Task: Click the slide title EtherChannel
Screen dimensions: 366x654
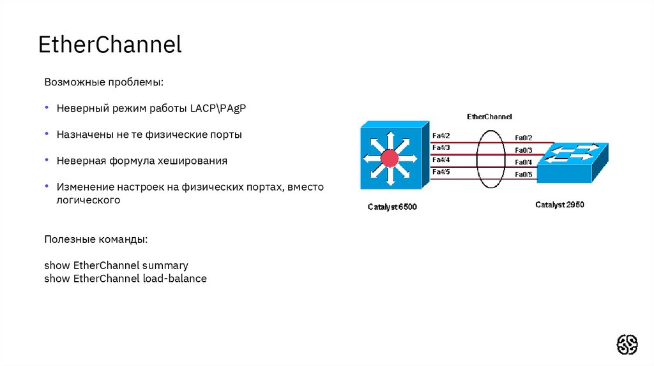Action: click(x=110, y=45)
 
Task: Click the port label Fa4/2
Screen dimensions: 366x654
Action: click(x=441, y=136)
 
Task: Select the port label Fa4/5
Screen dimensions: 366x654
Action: click(x=441, y=172)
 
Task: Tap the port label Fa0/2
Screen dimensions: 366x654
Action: click(x=524, y=138)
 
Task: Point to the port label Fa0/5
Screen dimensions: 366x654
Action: click(x=524, y=175)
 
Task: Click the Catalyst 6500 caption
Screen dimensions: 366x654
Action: click(x=392, y=207)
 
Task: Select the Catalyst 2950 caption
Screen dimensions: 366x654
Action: click(x=559, y=205)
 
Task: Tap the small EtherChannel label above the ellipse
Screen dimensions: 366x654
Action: click(x=490, y=117)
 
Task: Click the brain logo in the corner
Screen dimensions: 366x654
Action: click(x=627, y=344)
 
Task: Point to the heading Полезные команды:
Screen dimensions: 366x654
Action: click(x=96, y=239)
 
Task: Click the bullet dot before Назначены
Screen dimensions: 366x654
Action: click(x=47, y=135)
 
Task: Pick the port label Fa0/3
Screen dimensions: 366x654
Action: click(x=524, y=150)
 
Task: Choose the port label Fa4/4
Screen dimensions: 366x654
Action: click(x=441, y=160)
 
